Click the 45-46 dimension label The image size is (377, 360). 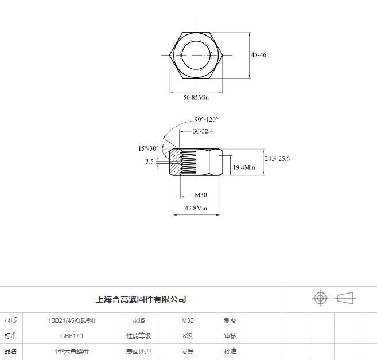click(258, 55)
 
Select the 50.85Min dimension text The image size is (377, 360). click(196, 97)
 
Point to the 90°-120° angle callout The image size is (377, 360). click(207, 119)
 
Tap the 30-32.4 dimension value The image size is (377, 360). click(203, 131)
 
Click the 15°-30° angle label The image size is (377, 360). click(149, 148)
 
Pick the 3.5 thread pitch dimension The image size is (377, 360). click(149, 162)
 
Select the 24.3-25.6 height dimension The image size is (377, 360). click(277, 159)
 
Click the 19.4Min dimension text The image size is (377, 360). click(244, 167)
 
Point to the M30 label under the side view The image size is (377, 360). click(200, 195)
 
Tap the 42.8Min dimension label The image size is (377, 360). click(196, 208)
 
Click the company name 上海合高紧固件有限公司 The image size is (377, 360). click(141, 299)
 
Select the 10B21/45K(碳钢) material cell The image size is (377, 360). click(72, 320)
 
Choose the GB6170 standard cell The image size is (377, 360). click(71, 336)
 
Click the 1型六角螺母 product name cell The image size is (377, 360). click(72, 351)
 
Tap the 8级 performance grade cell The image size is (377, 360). click(188, 336)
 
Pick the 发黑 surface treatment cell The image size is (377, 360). click(188, 351)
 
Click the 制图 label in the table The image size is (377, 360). click(230, 320)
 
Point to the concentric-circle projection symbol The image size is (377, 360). click(321, 298)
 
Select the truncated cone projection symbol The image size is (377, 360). click(345, 298)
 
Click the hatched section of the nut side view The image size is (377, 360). click(175, 162)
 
